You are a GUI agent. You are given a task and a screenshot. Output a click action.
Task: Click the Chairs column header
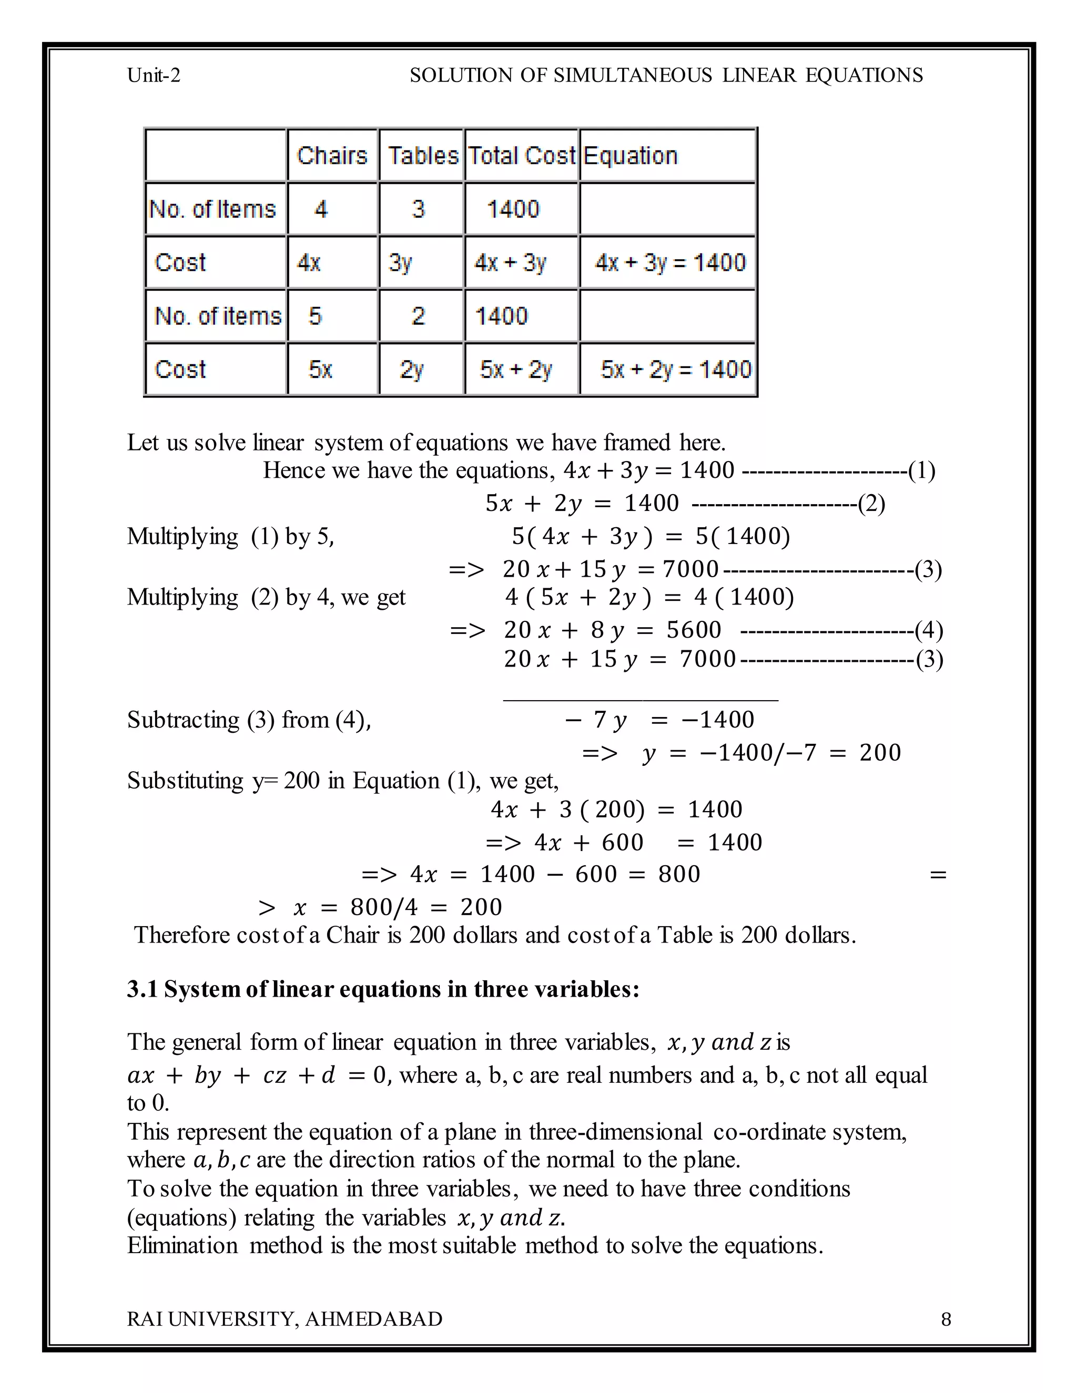pos(332,156)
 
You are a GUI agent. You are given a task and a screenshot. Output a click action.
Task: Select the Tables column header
pos(422,156)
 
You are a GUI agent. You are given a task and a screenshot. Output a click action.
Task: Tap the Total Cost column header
pos(522,156)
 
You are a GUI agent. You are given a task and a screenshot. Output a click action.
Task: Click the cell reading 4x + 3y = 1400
pos(669,263)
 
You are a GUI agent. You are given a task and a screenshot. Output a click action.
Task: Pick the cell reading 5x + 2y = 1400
pos(675,370)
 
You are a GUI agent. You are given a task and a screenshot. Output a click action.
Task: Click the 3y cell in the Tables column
pos(401,263)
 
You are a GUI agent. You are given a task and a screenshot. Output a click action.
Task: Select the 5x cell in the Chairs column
pos(320,370)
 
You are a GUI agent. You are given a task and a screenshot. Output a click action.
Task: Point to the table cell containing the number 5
pos(315,316)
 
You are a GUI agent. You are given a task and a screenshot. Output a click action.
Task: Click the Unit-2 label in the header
pos(154,75)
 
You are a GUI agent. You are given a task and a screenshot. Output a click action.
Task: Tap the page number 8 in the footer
pos(946,1319)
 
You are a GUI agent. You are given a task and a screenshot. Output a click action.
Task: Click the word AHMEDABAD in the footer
pos(373,1319)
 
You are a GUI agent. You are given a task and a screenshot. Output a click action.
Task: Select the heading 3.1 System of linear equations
pos(383,989)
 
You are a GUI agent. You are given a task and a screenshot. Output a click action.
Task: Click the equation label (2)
pos(871,504)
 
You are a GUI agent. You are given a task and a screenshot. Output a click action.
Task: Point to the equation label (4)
pos(928,630)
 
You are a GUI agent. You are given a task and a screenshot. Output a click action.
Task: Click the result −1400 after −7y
pos(718,720)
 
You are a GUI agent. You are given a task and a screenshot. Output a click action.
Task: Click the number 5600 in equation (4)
pos(694,630)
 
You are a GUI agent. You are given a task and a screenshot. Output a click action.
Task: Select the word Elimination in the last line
pos(182,1246)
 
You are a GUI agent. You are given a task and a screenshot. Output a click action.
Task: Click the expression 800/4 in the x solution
pos(383,907)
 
